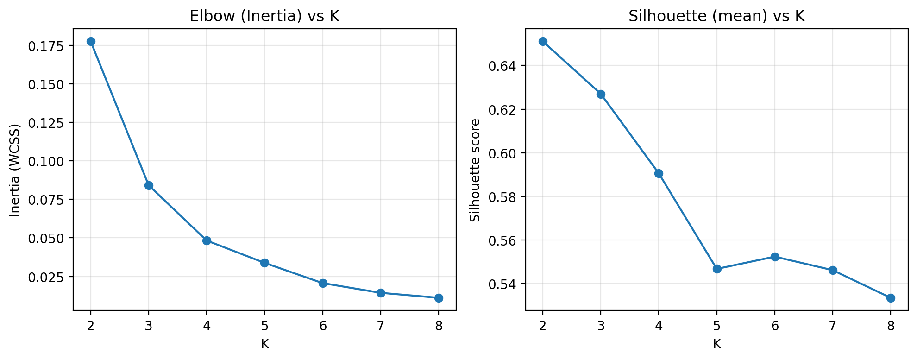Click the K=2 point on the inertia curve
[x=91, y=41]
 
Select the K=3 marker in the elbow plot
[x=149, y=185]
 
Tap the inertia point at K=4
[x=207, y=240]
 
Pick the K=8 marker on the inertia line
[x=439, y=298]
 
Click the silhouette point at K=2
[x=543, y=41]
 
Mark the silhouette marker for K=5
[x=717, y=269]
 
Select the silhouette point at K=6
[x=775, y=257]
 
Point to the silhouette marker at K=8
[x=891, y=298]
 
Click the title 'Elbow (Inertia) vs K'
[x=264, y=16]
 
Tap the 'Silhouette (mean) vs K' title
[x=716, y=16]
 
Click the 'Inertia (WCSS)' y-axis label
[x=15, y=170]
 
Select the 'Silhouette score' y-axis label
[x=475, y=170]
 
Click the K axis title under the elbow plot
[x=264, y=344]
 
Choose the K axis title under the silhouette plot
[x=716, y=344]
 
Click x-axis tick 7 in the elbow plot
[x=381, y=326]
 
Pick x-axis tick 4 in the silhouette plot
[x=659, y=326]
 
